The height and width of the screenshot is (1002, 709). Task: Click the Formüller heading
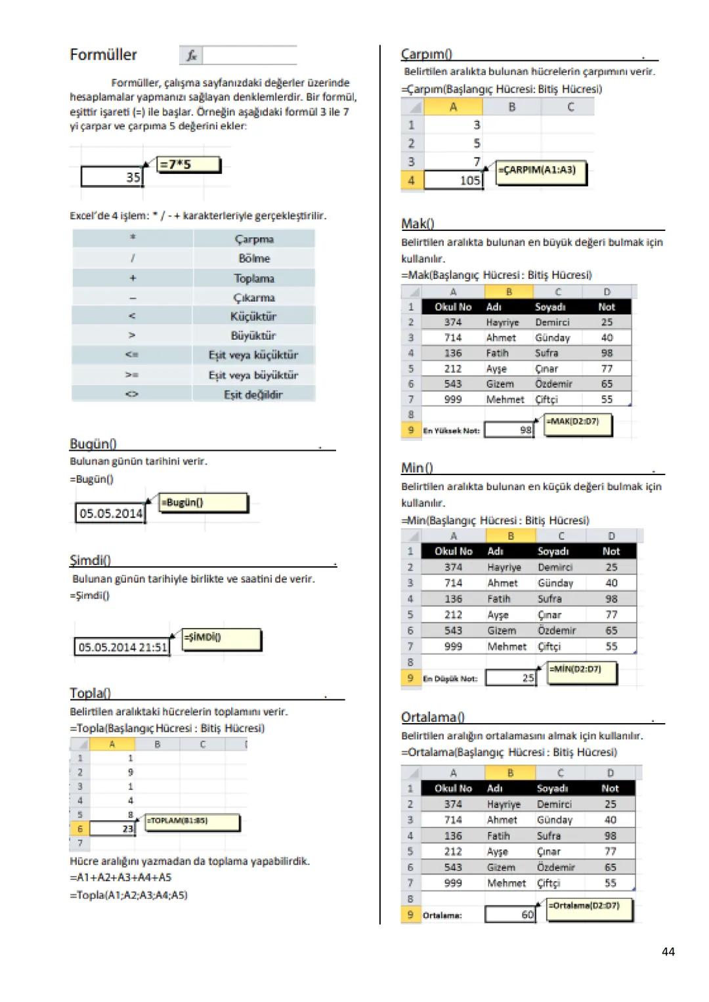coord(103,54)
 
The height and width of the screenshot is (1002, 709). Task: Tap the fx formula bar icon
coord(191,56)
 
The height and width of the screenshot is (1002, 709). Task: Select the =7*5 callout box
coord(188,165)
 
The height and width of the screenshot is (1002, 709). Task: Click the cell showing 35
coord(112,177)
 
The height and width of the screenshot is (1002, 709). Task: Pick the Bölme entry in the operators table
coord(254,259)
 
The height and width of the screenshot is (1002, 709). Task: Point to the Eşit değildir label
coord(253,394)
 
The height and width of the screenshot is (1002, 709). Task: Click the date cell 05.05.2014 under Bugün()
coord(110,513)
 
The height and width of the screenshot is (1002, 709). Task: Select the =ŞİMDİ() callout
coord(221,638)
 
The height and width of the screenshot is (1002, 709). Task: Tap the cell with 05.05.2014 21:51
coord(122,647)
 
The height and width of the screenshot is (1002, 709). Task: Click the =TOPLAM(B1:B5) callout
coord(192,821)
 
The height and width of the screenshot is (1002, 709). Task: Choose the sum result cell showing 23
coord(112,829)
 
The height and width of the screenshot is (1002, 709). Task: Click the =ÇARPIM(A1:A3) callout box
coord(540,171)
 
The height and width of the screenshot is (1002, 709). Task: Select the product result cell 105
coord(454,180)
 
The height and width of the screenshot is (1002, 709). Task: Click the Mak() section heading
coord(418,224)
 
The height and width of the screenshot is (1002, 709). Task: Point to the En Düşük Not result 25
coord(511,678)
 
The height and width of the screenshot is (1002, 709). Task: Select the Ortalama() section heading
coord(433,717)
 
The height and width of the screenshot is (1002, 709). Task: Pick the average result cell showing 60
coord(511,914)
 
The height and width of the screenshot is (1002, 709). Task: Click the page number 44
coord(668,951)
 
